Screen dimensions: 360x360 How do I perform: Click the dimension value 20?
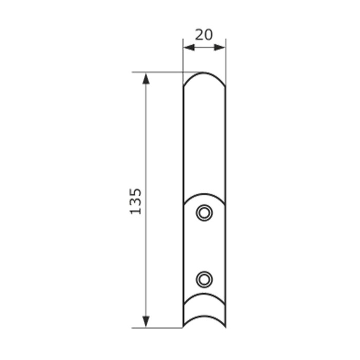point(204,35)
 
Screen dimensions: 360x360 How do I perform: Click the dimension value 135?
point(135,202)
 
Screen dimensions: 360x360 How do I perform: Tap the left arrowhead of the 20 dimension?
point(189,47)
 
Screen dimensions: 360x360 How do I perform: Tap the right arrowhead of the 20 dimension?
point(219,47)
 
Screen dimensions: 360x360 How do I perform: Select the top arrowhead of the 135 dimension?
point(146,79)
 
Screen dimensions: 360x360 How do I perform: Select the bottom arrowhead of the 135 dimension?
point(146,321)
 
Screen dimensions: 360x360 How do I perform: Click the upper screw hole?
point(204,213)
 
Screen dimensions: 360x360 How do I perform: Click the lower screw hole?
point(204,279)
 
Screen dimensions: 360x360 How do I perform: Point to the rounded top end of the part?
point(204,73)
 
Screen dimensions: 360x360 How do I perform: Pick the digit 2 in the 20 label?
point(200,35)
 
